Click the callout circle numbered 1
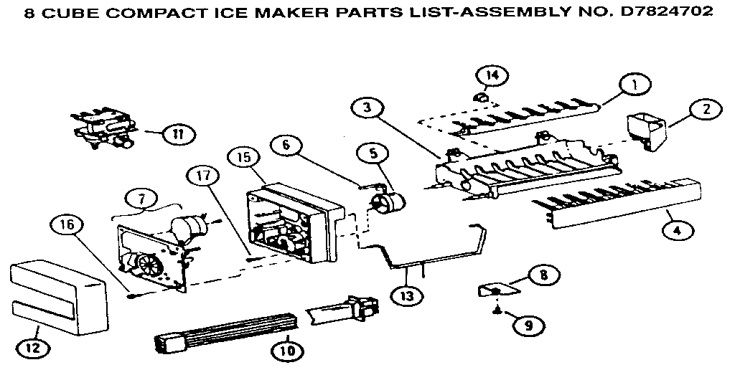(634, 84)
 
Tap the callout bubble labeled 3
(367, 108)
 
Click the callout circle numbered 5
(374, 152)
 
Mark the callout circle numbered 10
(286, 350)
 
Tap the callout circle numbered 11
(174, 133)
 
